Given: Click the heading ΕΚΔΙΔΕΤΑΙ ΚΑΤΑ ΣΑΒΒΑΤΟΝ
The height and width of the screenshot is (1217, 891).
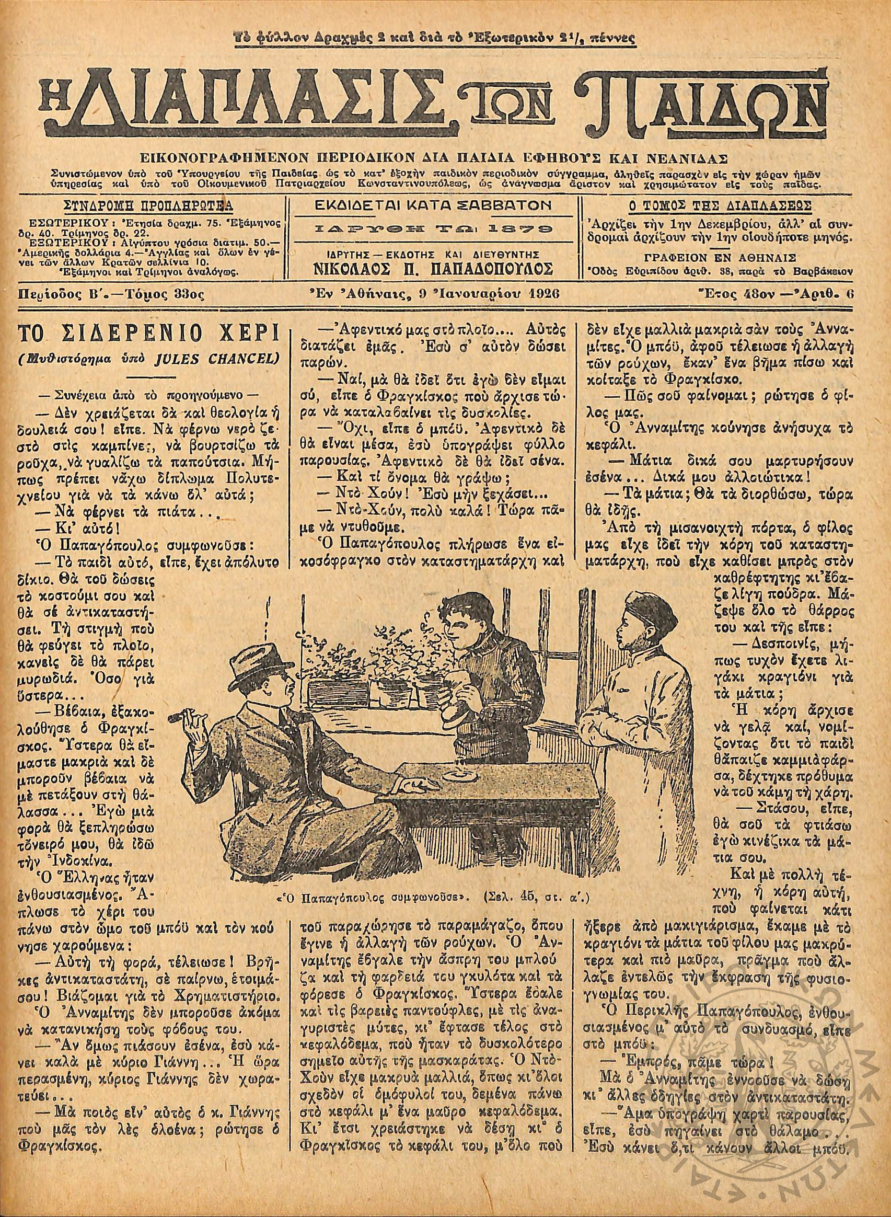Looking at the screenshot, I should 434,205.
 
